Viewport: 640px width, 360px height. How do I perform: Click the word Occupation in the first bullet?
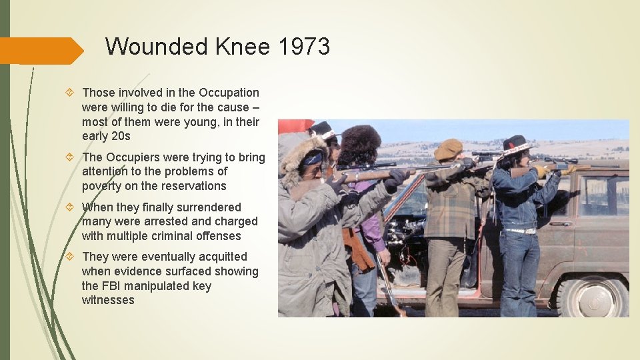click(x=229, y=93)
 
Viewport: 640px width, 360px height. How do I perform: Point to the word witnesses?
click(x=108, y=300)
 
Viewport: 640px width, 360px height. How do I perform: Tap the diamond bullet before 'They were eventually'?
click(x=72, y=257)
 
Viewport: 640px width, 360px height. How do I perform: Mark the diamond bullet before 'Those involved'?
click(x=72, y=93)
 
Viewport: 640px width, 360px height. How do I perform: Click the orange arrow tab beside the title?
click(x=40, y=51)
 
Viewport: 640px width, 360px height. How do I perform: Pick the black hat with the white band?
click(x=518, y=144)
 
